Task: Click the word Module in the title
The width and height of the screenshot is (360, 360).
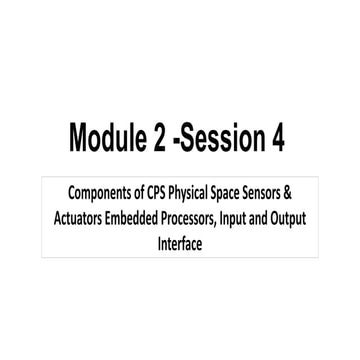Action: point(108,139)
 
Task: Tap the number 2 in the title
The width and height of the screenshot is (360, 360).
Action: point(159,139)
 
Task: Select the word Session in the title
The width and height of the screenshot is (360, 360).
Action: point(223,139)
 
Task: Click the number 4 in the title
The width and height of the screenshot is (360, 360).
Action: point(277,139)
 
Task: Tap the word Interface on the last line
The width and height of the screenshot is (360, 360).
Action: point(181,242)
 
